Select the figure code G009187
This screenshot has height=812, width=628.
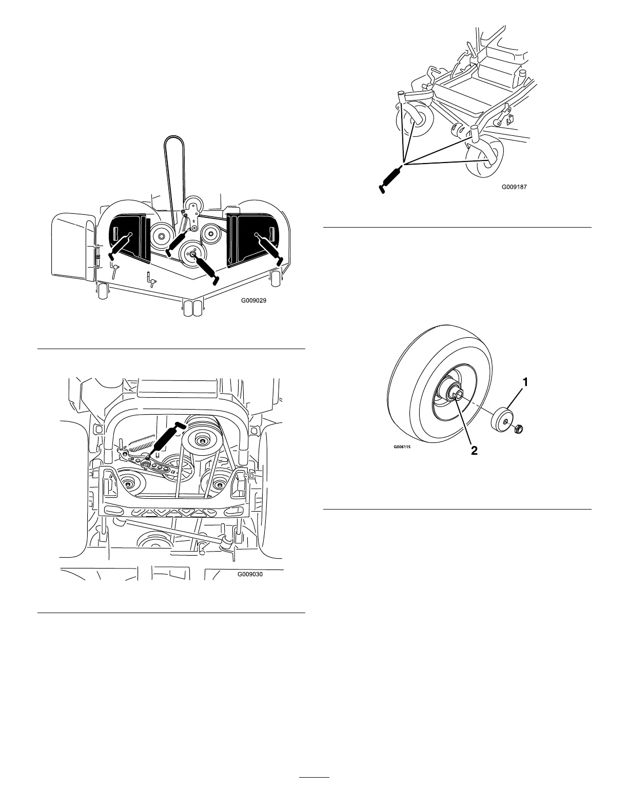point(514,188)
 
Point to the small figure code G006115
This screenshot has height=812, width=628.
point(403,446)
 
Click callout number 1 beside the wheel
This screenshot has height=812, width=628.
point(525,381)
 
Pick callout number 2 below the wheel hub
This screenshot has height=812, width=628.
point(475,451)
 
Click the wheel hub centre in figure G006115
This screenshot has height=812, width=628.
point(456,393)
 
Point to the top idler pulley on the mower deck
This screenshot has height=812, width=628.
point(194,204)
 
